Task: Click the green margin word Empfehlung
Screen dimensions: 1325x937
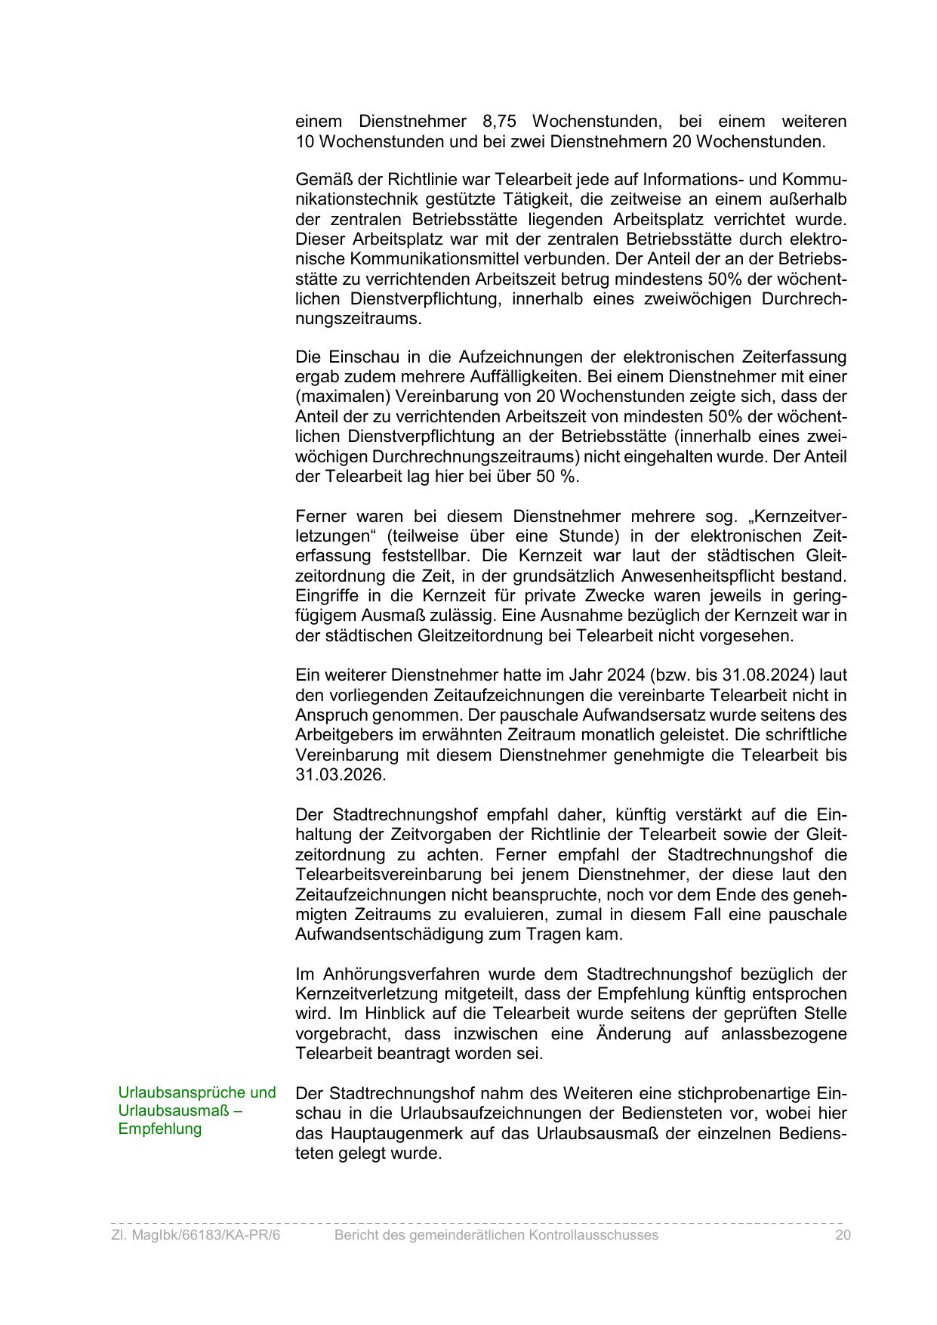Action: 160,1129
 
